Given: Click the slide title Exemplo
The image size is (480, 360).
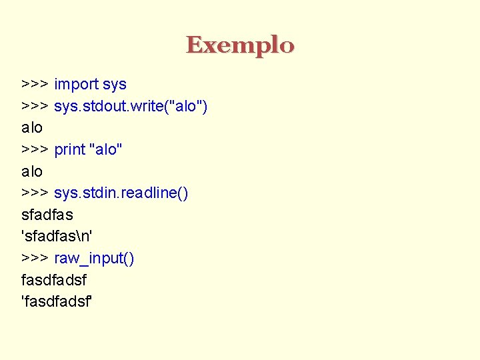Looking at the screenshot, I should tap(240, 45).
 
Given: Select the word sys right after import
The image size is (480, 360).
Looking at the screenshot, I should tap(115, 85).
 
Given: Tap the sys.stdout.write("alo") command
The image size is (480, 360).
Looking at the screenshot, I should tap(131, 106).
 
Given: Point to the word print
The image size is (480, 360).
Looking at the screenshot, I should tap(69, 149).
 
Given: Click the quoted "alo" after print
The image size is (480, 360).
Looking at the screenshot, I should tap(106, 149).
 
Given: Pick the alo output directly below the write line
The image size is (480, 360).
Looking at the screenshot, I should tap(32, 127).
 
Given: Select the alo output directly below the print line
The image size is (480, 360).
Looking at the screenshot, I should tap(32, 171).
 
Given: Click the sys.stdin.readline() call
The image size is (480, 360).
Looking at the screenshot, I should tap(121, 193).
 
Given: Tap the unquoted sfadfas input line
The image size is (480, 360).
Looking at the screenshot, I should tap(47, 215).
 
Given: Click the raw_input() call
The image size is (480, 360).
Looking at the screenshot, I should tap(94, 258).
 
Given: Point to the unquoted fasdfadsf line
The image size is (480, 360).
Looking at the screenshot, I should tap(54, 280).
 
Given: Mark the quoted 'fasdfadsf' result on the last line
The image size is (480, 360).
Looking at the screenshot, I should tap(57, 302).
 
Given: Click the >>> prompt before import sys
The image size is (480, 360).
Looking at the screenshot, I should tap(34, 85).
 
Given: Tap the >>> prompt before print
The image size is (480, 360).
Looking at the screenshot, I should tap(34, 149).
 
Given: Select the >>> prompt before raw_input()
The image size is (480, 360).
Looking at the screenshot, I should tap(34, 258).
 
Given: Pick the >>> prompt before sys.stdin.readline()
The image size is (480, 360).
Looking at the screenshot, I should tap(34, 193).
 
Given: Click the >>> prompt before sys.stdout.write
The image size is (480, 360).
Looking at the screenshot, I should tap(34, 106).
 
